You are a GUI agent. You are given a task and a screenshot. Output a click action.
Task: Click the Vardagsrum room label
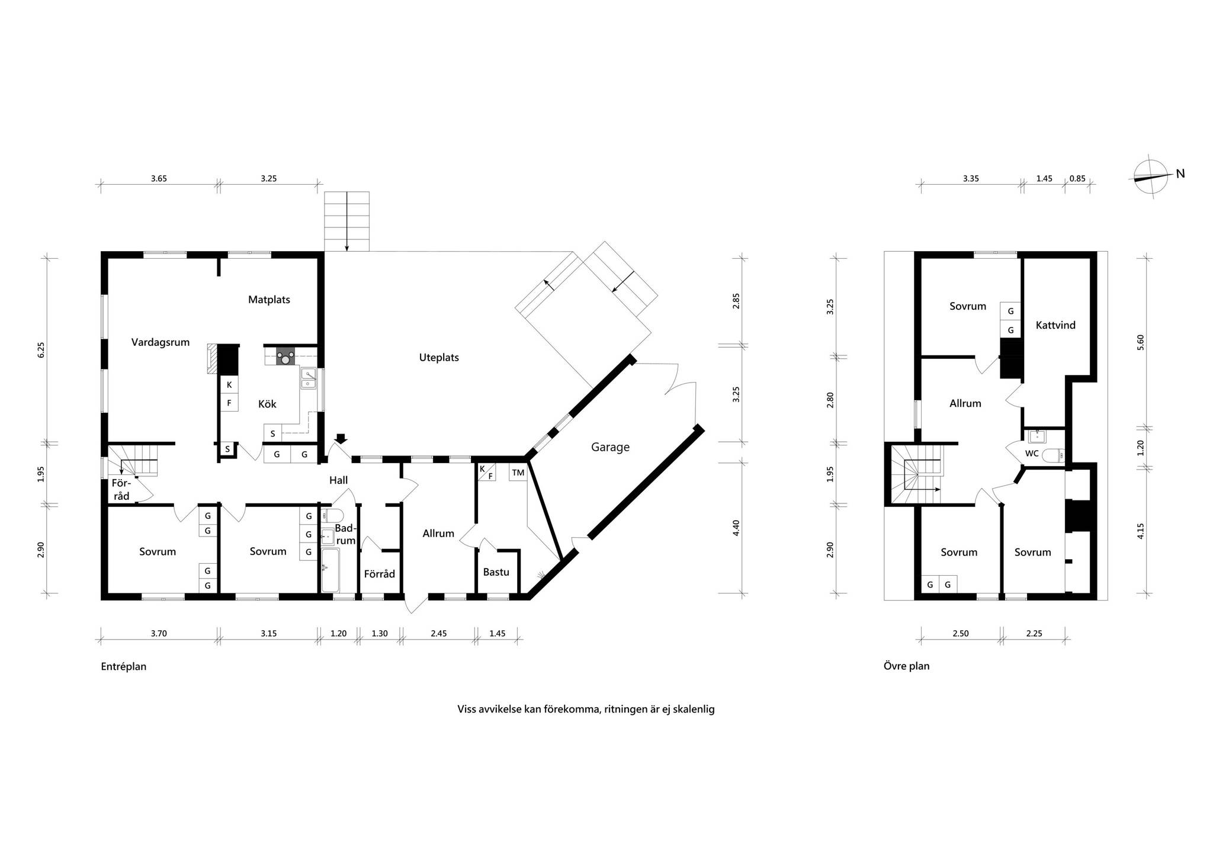pos(161,342)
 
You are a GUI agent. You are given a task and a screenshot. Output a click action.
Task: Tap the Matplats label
pos(269,300)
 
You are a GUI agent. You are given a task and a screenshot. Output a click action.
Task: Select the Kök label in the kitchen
pos(267,404)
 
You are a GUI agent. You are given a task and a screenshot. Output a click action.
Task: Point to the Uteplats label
pos(439,358)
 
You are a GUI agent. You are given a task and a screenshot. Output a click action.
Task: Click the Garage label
pos(610,448)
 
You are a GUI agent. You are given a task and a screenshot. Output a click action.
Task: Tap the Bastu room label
pos(496,572)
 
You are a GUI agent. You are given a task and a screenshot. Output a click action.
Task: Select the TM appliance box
pos(518,473)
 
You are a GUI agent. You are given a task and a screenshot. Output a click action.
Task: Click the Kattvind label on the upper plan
pos(1055,325)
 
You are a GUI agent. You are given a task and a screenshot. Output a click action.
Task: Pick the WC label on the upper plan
pos(1032,454)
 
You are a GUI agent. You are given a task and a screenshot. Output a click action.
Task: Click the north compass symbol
pos(1152,177)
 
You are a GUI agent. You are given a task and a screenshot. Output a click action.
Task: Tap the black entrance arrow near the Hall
pos(342,439)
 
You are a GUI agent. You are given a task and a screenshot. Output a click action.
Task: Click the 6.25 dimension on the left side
pos(41,350)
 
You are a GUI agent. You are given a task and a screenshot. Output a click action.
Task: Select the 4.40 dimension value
pos(736,528)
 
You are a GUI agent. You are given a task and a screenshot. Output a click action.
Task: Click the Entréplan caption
pos(124,666)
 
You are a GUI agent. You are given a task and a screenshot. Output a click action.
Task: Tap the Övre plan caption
pos(907,666)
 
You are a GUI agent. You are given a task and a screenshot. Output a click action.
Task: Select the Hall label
pos(339,480)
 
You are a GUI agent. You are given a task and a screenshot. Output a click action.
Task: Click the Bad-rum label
pos(345,534)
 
